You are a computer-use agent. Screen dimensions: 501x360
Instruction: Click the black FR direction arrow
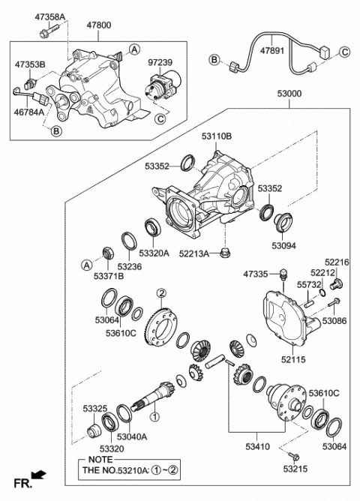coord(40,475)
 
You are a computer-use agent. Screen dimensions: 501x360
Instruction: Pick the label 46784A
coord(30,114)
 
